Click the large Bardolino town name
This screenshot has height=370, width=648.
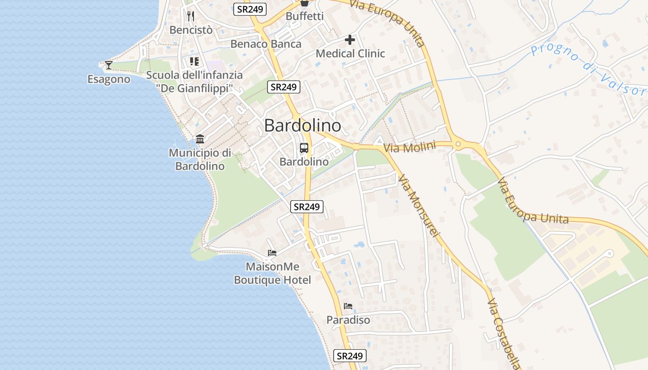click(x=303, y=125)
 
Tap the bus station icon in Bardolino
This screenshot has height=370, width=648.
click(x=304, y=148)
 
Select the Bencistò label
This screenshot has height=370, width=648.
click(x=191, y=30)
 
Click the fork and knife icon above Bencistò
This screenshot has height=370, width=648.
click(x=191, y=16)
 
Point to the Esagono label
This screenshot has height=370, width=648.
click(x=109, y=80)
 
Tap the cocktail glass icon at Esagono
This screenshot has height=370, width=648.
click(x=109, y=65)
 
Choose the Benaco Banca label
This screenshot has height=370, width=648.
click(x=266, y=44)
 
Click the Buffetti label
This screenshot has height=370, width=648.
click(x=305, y=16)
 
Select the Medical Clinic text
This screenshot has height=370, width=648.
click(x=350, y=54)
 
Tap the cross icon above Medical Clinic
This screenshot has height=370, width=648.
click(x=350, y=40)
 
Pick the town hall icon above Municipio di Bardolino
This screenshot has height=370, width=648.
click(x=200, y=139)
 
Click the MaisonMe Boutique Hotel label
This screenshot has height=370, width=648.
click(x=272, y=273)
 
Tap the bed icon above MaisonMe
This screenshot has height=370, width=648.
click(x=272, y=253)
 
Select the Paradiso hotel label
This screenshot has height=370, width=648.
click(x=348, y=320)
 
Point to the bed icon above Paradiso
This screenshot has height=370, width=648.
click(x=348, y=306)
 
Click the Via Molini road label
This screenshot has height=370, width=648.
click(x=410, y=148)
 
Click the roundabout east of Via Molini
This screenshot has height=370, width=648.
click(x=458, y=145)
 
